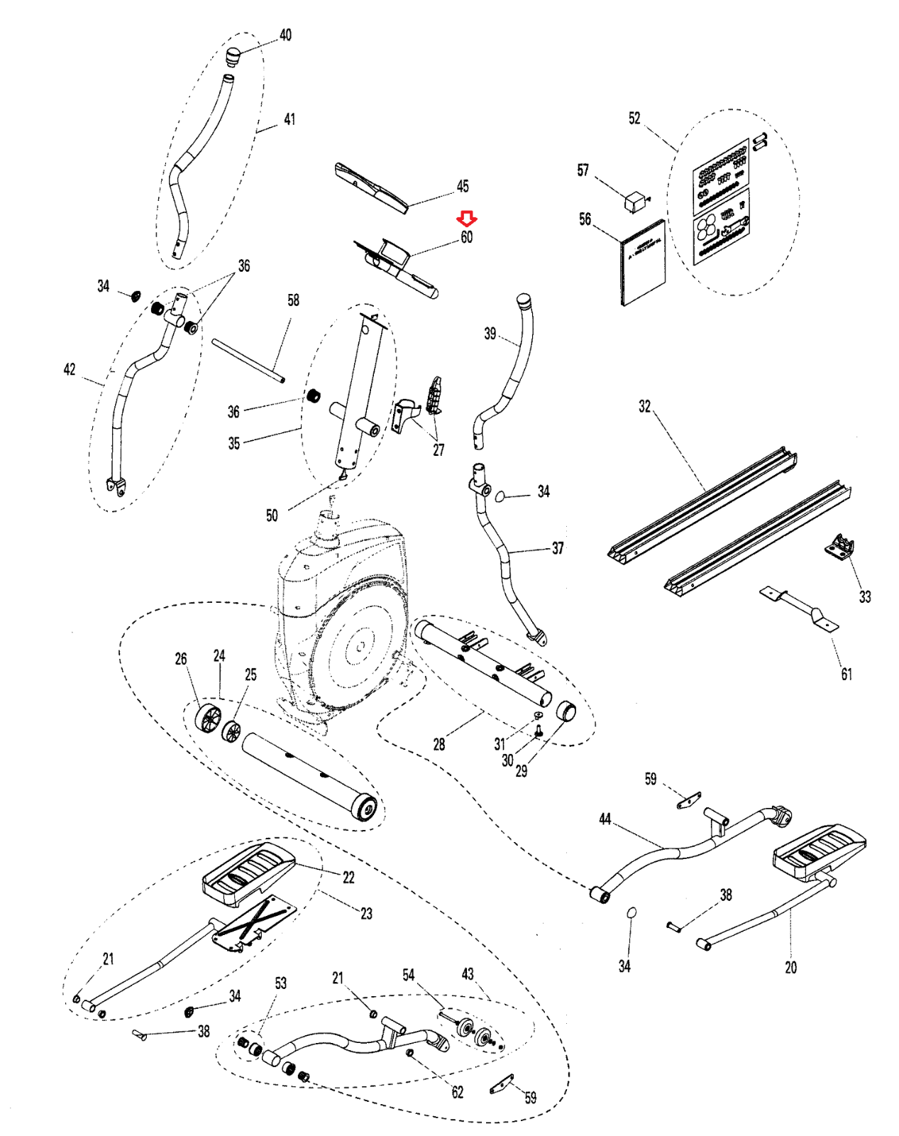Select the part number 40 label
285,35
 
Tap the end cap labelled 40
233,55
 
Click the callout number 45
463,186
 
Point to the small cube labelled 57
634,202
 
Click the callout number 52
634,119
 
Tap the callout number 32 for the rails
644,406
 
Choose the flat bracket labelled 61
800,608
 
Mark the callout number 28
439,744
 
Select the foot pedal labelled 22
248,875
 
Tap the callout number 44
605,819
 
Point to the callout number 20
790,967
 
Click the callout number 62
458,1092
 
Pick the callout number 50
272,515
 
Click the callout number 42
70,369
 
